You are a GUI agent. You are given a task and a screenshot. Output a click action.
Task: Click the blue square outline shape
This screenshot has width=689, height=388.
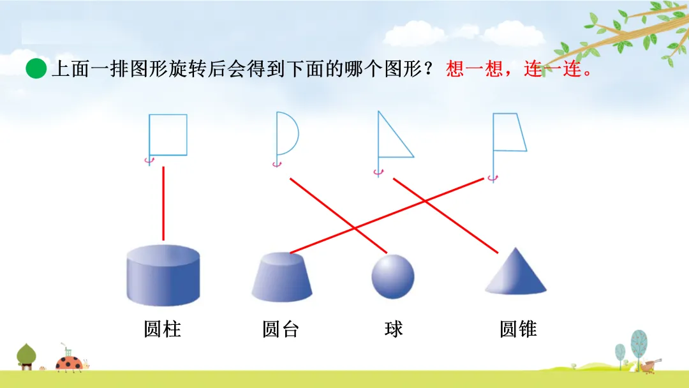168,135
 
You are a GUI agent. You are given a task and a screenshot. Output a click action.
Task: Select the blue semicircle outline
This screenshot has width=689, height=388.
286,133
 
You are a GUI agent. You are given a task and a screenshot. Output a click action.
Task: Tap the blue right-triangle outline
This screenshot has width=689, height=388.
391,140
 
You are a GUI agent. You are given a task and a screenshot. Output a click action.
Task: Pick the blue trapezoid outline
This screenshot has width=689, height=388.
510,132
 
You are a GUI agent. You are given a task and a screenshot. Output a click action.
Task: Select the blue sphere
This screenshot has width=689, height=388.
393,276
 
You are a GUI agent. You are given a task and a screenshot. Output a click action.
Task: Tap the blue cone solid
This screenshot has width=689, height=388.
515,272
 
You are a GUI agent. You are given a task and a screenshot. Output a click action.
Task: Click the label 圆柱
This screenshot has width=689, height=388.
163,329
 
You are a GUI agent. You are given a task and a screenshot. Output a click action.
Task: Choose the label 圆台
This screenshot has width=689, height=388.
281,329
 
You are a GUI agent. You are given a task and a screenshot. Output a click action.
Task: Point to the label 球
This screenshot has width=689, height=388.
394,329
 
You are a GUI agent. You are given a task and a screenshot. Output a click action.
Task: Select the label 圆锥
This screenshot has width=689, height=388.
518,329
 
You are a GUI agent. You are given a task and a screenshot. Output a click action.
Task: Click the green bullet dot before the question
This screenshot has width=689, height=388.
37,68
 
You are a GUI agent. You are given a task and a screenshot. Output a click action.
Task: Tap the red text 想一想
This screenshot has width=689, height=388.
466,68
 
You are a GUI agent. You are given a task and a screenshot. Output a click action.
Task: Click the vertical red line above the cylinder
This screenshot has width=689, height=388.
164,203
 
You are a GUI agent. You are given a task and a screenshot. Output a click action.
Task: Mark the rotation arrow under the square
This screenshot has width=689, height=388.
149,161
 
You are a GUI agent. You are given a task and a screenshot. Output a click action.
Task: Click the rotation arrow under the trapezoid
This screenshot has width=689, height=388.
492,178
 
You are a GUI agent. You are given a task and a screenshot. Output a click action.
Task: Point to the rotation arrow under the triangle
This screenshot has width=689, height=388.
378,172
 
